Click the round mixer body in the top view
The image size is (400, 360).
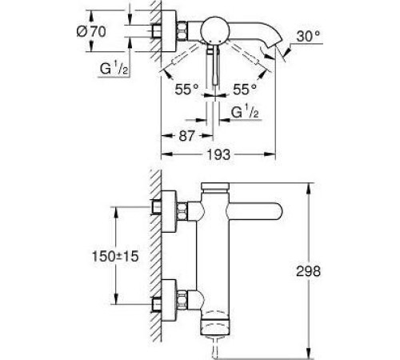point(214,32)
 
